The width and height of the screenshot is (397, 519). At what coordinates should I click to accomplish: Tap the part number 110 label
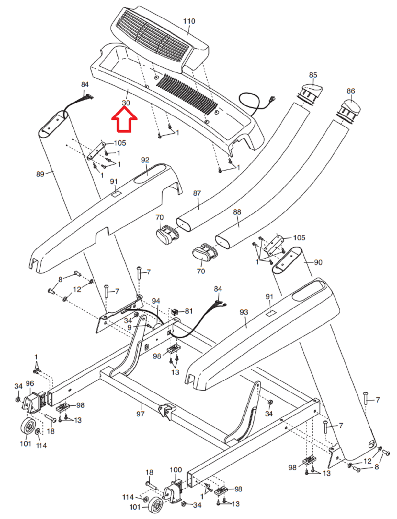click(189, 21)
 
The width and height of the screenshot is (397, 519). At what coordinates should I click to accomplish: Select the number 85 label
click(313, 75)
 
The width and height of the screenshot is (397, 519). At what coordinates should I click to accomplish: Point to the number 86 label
click(351, 91)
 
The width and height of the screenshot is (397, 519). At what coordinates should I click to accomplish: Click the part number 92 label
click(145, 160)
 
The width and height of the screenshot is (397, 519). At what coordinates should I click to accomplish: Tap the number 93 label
click(244, 312)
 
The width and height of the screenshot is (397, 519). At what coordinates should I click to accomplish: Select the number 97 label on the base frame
click(140, 414)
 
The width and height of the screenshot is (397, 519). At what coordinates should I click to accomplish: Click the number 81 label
click(189, 311)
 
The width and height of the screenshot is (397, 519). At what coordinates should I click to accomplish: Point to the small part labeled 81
click(175, 312)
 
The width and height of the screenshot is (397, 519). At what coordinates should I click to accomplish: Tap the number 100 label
click(176, 470)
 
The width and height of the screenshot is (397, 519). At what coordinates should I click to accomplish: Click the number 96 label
click(30, 384)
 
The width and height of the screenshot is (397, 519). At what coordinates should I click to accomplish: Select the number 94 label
click(156, 301)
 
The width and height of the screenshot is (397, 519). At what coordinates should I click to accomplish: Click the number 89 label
click(40, 174)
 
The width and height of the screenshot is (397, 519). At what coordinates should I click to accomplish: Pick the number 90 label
click(318, 262)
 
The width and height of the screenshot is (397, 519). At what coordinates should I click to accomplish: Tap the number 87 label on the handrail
click(197, 193)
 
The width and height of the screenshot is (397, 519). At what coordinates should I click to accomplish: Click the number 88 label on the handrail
click(237, 212)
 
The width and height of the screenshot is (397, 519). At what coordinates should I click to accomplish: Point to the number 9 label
click(129, 328)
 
